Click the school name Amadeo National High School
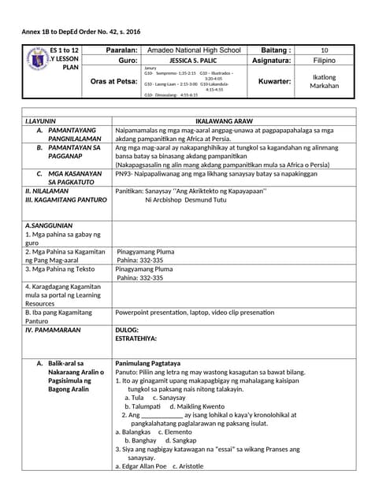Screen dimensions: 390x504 point(194,50)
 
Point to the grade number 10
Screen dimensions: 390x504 point(325,50)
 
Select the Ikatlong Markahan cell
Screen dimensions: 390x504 point(325,81)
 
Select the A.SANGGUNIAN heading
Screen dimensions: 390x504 point(49,225)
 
